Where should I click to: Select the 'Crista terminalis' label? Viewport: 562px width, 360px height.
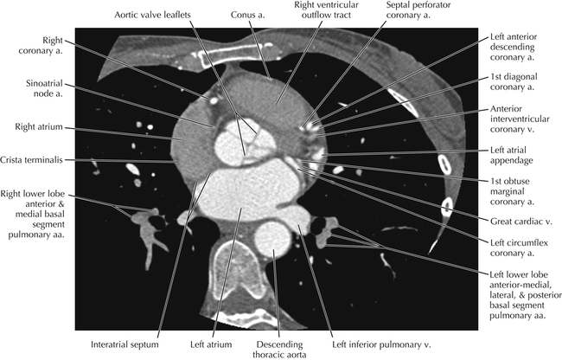(x=36, y=160)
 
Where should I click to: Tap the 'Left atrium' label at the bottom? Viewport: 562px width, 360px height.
(x=208, y=344)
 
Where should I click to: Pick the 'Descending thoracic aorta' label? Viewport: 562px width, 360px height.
(x=276, y=349)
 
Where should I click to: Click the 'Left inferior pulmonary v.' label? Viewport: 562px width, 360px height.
(x=367, y=344)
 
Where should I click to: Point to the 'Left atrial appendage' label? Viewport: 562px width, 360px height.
(x=515, y=157)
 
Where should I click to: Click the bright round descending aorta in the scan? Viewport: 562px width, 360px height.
(x=273, y=238)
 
